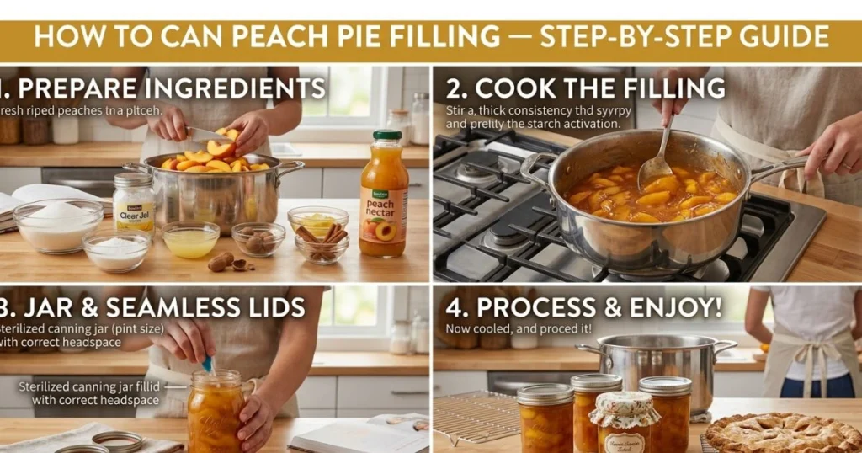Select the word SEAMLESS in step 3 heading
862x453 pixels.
click(158, 307)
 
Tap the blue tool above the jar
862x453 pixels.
click(207, 364)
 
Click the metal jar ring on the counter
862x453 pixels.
click(117, 441)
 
